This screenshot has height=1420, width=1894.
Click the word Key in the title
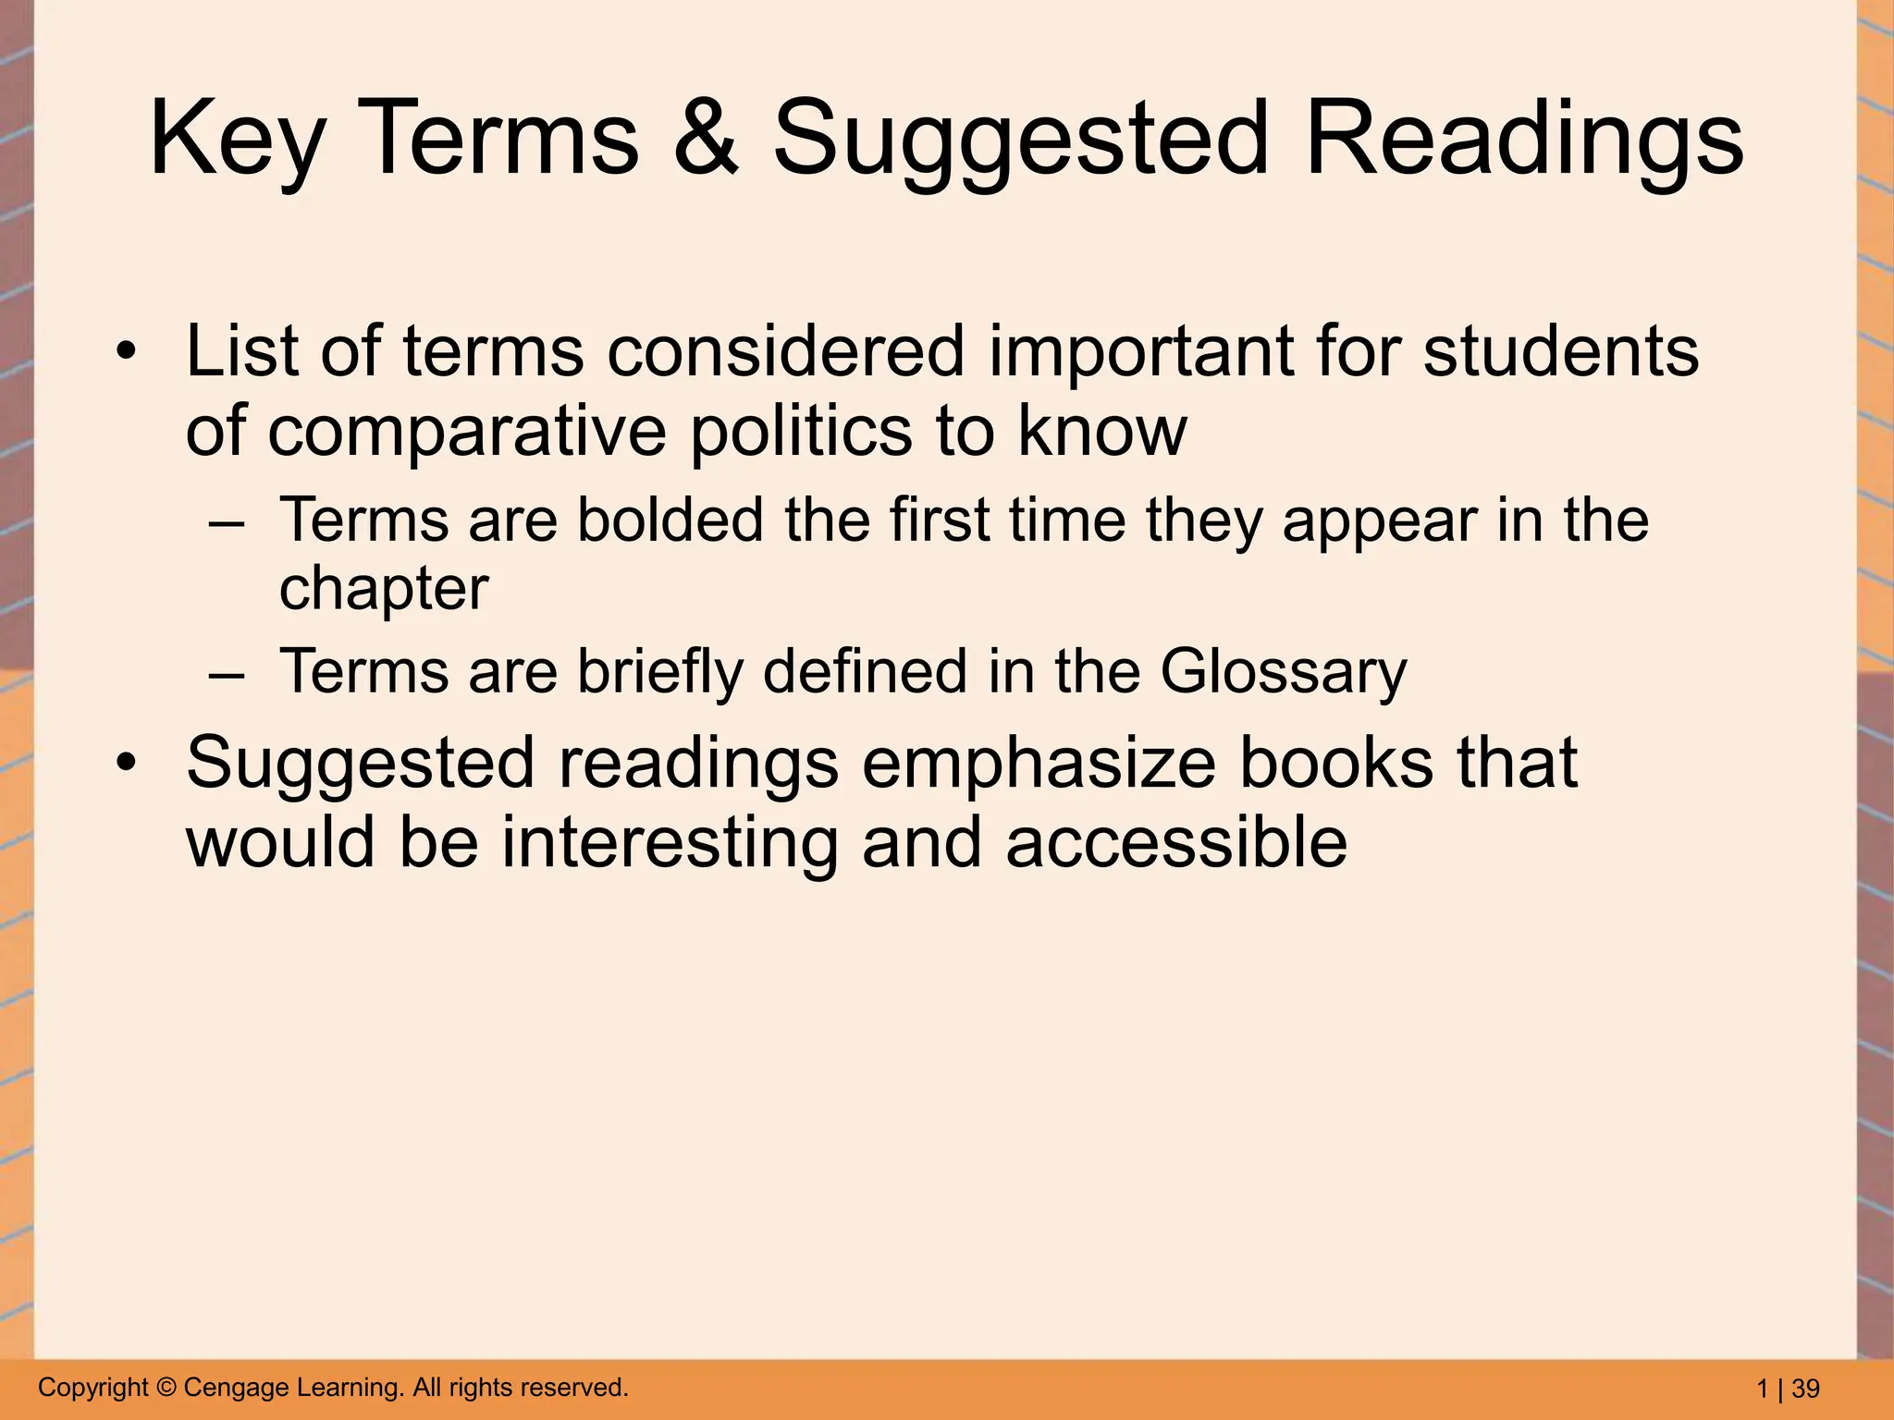click(x=237, y=141)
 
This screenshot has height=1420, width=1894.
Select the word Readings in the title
click(x=1524, y=141)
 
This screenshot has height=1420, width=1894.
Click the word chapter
click(x=384, y=589)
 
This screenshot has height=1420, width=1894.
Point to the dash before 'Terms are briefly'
click(x=228, y=672)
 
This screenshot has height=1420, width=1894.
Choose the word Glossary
click(x=1283, y=672)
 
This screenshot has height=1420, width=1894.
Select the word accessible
click(x=1176, y=842)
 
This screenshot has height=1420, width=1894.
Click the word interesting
click(x=670, y=842)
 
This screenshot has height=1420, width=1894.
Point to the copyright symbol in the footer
click(x=166, y=1388)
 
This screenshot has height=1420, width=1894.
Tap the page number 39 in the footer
click(x=1805, y=1389)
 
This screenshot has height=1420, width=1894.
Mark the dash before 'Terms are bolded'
click(x=228, y=521)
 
